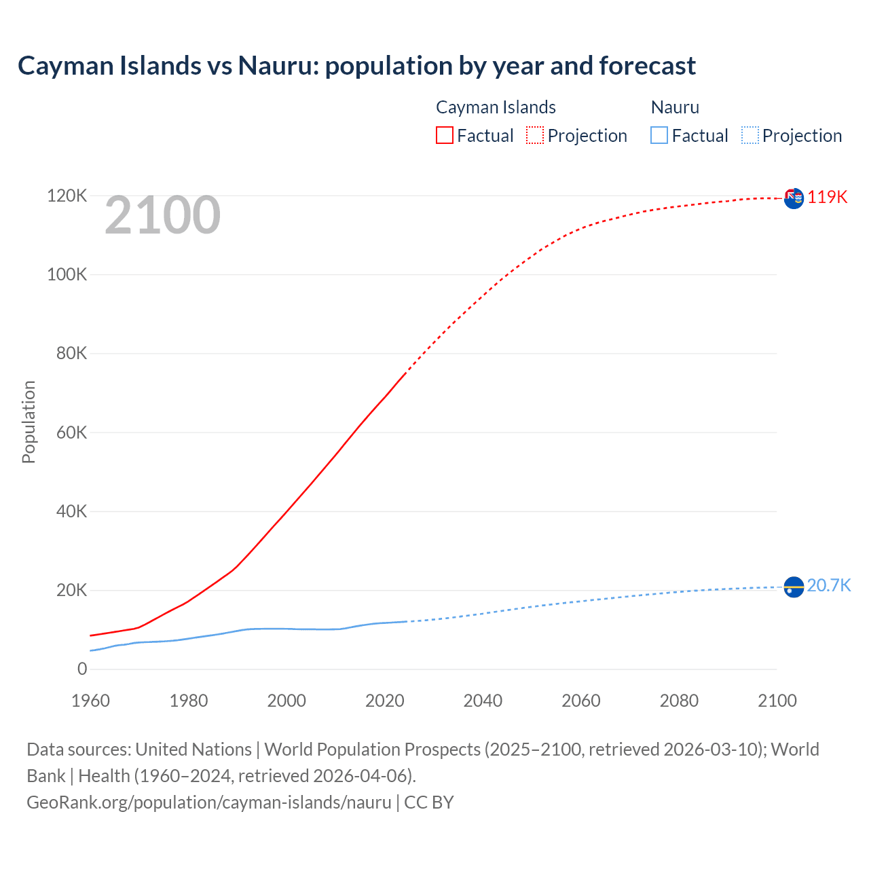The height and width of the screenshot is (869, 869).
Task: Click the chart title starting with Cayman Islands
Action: click(x=356, y=66)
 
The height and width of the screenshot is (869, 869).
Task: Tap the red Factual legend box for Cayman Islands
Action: click(x=445, y=135)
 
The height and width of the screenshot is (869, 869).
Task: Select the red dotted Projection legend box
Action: click(x=535, y=135)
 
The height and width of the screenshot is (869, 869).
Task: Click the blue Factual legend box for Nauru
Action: click(x=659, y=135)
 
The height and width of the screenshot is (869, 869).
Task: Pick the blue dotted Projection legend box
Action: click(x=750, y=135)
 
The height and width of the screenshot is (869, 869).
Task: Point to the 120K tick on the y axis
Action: click(x=67, y=196)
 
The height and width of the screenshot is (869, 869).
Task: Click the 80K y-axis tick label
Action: click(x=71, y=354)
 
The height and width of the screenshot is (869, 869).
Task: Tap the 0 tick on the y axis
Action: click(x=82, y=669)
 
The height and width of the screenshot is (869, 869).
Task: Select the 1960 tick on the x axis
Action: click(x=90, y=701)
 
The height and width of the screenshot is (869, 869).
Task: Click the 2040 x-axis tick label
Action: click(x=483, y=701)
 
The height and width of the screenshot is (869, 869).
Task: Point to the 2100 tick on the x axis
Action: click(x=777, y=701)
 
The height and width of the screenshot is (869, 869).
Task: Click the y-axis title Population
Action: click(x=29, y=422)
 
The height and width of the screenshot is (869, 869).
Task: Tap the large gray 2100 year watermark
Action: click(x=162, y=215)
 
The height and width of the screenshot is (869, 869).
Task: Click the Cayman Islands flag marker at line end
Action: click(x=794, y=198)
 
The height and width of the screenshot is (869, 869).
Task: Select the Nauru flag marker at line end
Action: click(x=794, y=587)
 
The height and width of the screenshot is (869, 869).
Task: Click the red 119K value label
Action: click(x=828, y=197)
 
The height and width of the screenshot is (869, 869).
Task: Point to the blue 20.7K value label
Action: click(x=829, y=585)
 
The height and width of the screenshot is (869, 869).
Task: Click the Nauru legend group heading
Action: click(x=675, y=107)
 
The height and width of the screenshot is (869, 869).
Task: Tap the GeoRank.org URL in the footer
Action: click(x=209, y=802)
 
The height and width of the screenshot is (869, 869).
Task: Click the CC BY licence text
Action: click(x=429, y=802)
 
